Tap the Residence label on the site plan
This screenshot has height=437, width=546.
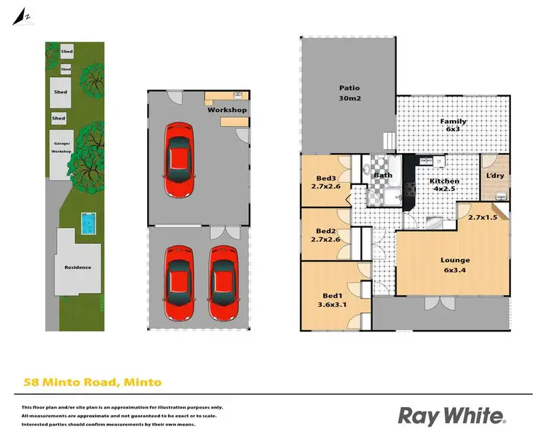(x=78, y=267)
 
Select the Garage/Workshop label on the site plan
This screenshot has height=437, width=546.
(x=61, y=148)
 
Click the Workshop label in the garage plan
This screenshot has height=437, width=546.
(x=227, y=110)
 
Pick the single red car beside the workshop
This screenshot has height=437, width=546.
(x=179, y=160)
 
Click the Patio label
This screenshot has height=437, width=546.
(x=350, y=88)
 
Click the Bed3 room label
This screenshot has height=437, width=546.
(x=325, y=178)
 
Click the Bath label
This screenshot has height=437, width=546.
(x=383, y=175)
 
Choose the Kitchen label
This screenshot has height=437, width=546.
(x=444, y=181)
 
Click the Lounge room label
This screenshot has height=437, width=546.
(x=455, y=260)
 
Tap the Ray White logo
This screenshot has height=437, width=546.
(x=451, y=415)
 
